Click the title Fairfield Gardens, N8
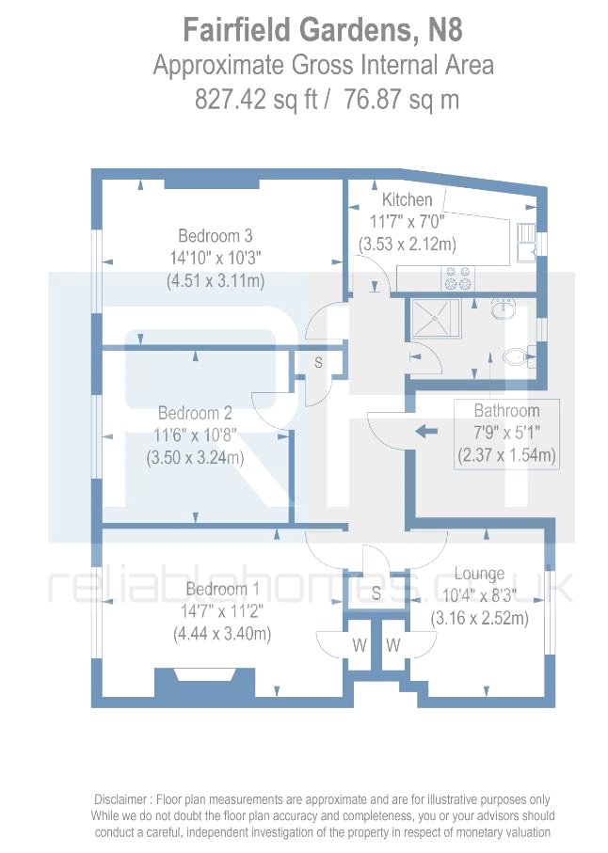[x=323, y=31]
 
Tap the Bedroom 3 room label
[x=216, y=236]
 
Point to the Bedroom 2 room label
[x=195, y=413]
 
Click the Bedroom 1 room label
[x=222, y=590]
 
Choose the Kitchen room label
[x=407, y=200]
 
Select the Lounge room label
[x=479, y=574]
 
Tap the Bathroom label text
[x=506, y=411]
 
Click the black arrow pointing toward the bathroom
[x=426, y=431]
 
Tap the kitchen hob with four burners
[x=457, y=277]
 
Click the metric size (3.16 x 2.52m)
[x=479, y=618]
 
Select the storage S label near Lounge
[x=376, y=593]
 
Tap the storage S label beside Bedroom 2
[x=318, y=362]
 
